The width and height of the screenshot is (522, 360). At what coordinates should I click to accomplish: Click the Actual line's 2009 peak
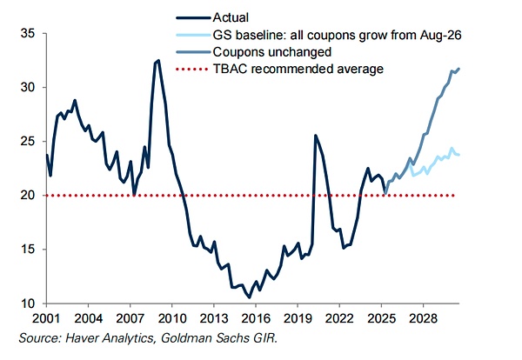(157, 60)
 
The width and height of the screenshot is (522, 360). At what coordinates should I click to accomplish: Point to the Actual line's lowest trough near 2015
(250, 297)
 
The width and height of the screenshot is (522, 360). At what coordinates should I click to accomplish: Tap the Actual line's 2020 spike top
(314, 135)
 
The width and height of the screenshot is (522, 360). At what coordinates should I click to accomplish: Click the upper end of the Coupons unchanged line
(459, 69)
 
